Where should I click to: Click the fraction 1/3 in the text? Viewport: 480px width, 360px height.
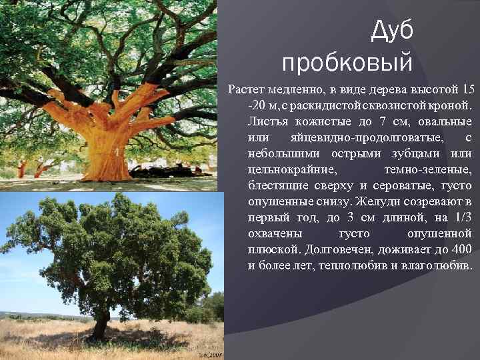pos(459,217)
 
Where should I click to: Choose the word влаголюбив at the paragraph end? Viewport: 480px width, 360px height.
pos(437,265)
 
